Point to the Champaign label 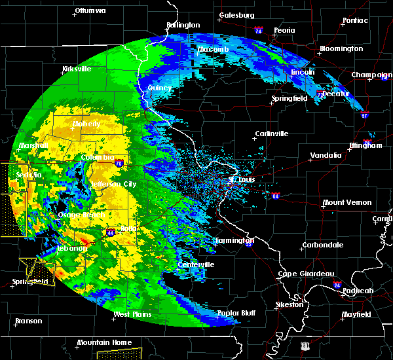pos(371,75)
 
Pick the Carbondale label pos(322,245)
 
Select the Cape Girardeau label pos(307,274)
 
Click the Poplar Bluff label pos(237,313)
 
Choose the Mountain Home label pos(104,342)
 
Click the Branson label pos(29,321)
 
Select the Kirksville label pos(77,69)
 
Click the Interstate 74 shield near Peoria pos(258,31)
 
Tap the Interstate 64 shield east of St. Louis pos(276,195)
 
